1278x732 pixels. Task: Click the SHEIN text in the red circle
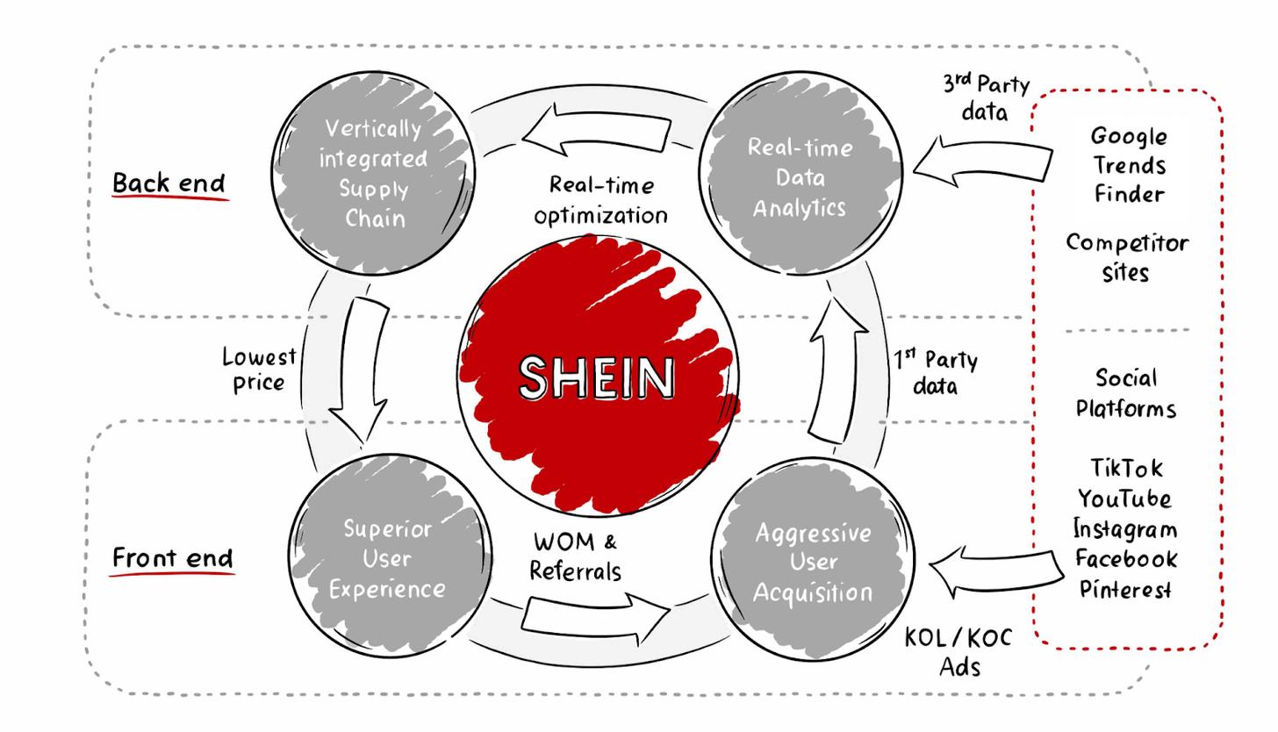click(x=597, y=377)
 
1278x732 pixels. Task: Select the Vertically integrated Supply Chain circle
click(x=373, y=173)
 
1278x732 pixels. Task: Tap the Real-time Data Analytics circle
click(x=801, y=173)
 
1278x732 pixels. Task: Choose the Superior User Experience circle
click(x=390, y=556)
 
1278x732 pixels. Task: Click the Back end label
click(x=169, y=183)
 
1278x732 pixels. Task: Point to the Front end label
click(x=172, y=557)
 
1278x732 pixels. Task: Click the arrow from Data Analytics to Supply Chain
click(x=596, y=130)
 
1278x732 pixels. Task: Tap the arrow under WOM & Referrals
click(x=595, y=618)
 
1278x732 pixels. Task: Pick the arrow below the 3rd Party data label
click(x=982, y=161)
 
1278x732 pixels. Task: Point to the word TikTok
click(x=1126, y=469)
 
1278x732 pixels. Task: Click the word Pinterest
click(x=1125, y=589)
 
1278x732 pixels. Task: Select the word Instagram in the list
click(x=1125, y=529)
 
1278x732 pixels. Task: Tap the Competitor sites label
click(x=1127, y=258)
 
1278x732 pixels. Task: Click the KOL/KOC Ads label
click(x=959, y=652)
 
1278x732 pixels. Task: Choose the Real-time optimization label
click(x=600, y=201)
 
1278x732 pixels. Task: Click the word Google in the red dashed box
click(x=1129, y=137)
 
